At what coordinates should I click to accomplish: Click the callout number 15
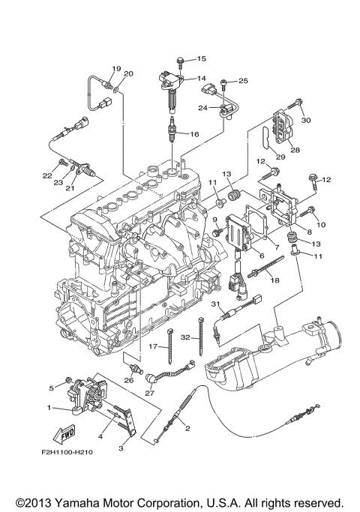(201, 58)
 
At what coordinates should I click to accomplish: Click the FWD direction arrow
(64, 434)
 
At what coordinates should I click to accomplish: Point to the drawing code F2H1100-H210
(67, 452)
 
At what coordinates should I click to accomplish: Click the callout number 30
(306, 120)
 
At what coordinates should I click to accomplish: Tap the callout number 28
(295, 150)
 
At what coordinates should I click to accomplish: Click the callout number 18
(275, 280)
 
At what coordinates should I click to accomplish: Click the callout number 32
(185, 337)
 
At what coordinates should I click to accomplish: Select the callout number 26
(129, 380)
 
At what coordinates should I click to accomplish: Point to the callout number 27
(149, 393)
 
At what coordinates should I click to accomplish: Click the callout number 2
(187, 428)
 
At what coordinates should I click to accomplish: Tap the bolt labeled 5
(68, 380)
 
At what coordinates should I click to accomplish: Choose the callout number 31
(215, 304)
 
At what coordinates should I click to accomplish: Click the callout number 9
(214, 220)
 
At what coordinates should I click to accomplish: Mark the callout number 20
(128, 73)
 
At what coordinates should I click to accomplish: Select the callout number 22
(47, 175)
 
